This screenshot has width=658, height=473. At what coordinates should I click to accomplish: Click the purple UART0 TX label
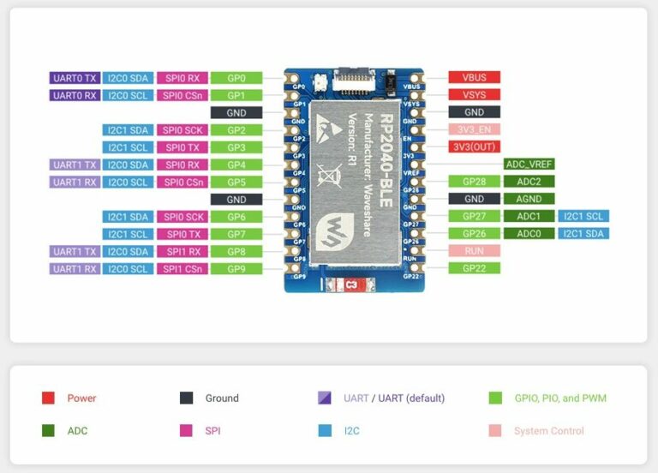(75, 78)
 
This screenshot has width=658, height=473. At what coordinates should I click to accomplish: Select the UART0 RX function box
(75, 95)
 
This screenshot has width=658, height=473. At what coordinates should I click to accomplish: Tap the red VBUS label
(474, 78)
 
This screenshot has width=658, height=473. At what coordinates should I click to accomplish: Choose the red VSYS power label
(474, 95)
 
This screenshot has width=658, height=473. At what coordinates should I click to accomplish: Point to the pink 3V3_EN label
(474, 129)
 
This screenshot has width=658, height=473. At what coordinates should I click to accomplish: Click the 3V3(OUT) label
(474, 147)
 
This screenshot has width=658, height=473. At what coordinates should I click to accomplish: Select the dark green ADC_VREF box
(529, 165)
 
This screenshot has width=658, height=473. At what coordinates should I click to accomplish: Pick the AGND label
(529, 199)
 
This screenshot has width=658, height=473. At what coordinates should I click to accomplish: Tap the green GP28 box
(474, 182)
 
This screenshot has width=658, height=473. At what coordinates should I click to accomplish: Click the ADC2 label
(529, 182)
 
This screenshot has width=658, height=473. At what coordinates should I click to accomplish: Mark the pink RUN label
(474, 251)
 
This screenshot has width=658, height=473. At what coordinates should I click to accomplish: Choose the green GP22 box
(474, 268)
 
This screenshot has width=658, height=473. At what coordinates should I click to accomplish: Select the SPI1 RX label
(182, 251)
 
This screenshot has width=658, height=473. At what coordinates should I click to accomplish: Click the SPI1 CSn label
(182, 268)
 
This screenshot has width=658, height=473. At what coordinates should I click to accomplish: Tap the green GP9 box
(236, 268)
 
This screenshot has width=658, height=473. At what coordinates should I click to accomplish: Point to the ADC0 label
(529, 234)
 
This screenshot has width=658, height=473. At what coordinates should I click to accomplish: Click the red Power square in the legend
(48, 398)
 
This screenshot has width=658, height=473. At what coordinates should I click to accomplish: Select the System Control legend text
(548, 431)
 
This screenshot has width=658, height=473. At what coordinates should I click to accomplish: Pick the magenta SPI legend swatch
(186, 431)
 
